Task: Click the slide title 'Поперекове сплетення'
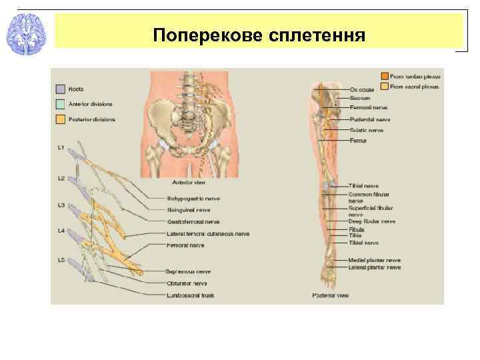click(x=259, y=33)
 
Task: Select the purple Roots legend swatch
click(x=60, y=89)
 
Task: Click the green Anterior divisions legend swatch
click(x=60, y=104)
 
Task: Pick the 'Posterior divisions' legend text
click(x=92, y=119)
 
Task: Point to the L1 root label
click(x=61, y=147)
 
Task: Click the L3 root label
click(x=61, y=205)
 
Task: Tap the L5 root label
click(x=61, y=259)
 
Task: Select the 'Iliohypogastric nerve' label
click(x=193, y=198)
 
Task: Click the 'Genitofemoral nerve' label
click(x=193, y=221)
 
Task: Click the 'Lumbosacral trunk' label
click(x=193, y=294)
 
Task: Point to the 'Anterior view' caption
click(x=189, y=182)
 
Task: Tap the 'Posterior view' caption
click(x=331, y=295)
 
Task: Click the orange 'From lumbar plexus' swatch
click(x=385, y=76)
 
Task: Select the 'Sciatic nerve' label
click(x=366, y=130)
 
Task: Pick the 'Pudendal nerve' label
click(x=369, y=119)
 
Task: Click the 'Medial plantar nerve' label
click(x=374, y=259)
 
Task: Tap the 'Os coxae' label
click(x=362, y=89)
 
